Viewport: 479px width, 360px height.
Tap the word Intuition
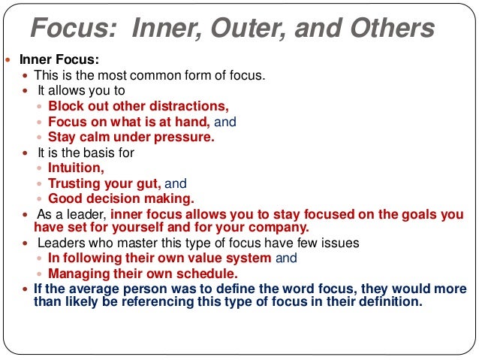[x=76, y=168]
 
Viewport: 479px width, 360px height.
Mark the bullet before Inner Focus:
[x=8, y=59]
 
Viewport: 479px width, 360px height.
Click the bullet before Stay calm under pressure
[x=41, y=138]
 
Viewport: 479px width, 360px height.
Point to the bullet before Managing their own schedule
[x=41, y=274]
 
